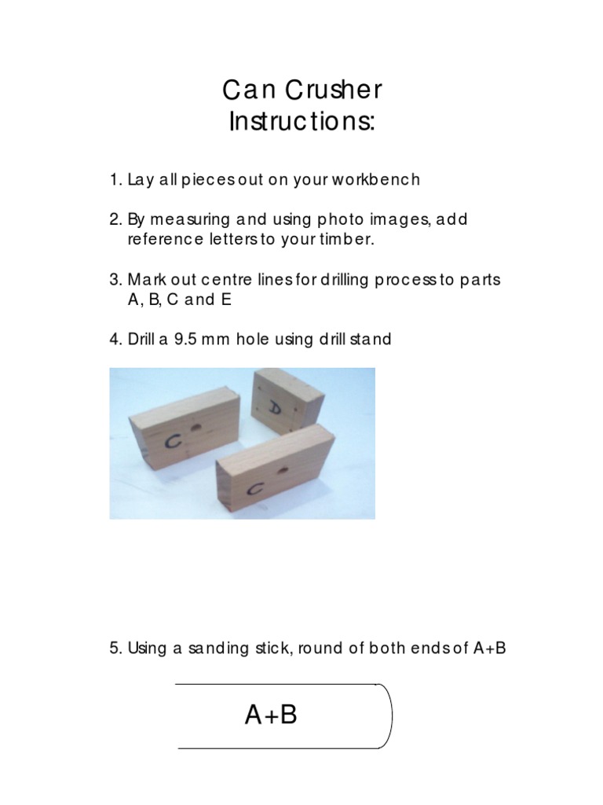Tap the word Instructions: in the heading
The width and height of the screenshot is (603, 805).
tap(301, 123)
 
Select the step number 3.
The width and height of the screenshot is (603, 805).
tap(114, 280)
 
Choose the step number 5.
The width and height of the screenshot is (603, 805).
tap(114, 649)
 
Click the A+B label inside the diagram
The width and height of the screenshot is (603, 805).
tap(272, 715)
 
